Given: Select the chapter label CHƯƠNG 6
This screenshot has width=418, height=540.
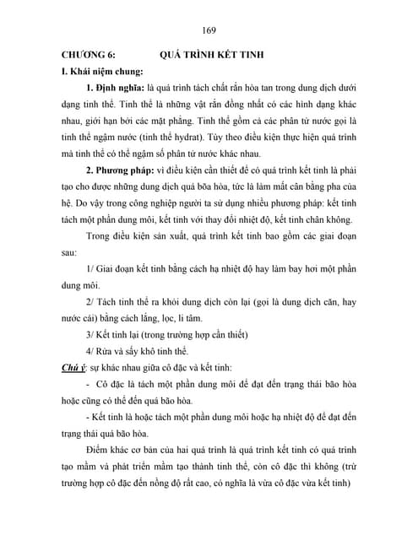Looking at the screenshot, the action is pos(80,54).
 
